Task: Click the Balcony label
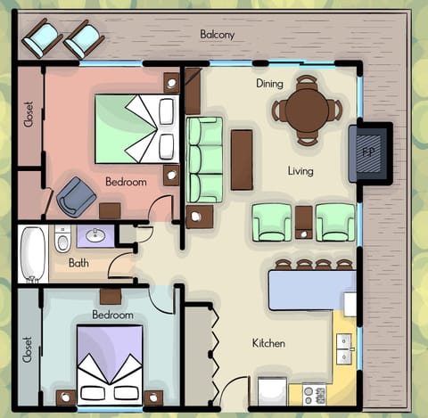click(217, 35)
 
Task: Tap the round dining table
click(306, 111)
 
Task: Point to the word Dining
click(269, 84)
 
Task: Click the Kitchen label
click(269, 342)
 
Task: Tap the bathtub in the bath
click(34, 253)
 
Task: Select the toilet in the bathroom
click(62, 240)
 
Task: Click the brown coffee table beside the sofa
click(242, 160)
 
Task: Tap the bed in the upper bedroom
click(135, 128)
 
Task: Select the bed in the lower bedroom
click(109, 364)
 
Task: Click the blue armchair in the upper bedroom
click(76, 196)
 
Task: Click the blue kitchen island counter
click(312, 290)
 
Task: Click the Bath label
click(78, 264)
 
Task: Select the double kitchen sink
click(344, 349)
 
